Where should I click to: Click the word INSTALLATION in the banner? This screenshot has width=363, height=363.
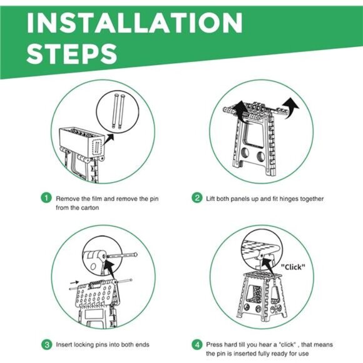[x=135, y=23]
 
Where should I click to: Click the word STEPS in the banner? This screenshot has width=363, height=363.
[x=72, y=54]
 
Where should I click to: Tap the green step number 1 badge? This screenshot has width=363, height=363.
[x=46, y=198]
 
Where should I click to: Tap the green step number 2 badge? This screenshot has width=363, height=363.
[x=197, y=198]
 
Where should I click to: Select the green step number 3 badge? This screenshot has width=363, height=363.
[x=47, y=345]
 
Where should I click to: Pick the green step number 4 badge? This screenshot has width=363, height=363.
[x=197, y=345]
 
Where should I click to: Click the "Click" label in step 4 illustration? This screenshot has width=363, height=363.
[x=293, y=267]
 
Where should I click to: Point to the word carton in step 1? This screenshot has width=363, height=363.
[x=90, y=208]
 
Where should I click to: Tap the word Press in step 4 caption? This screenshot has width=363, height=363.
[x=213, y=345]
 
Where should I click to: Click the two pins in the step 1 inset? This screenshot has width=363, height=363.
[x=118, y=111]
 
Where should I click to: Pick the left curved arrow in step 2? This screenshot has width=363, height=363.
[x=240, y=111]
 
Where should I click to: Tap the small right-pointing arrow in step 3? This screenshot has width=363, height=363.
[x=74, y=282]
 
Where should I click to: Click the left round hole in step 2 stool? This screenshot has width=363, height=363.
[x=245, y=153]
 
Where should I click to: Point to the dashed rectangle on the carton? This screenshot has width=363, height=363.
[x=97, y=147]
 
